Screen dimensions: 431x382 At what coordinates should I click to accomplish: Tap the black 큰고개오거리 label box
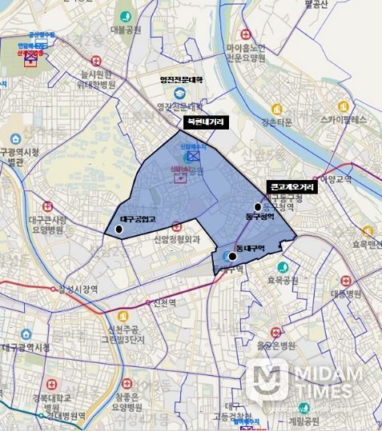click(293, 186)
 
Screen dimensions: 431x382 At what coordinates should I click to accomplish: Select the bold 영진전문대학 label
click(182, 80)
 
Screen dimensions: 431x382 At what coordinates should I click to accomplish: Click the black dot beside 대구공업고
click(119, 229)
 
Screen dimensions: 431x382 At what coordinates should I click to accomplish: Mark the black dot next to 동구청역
click(258, 206)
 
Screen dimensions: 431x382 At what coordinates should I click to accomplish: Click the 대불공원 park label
click(126, 30)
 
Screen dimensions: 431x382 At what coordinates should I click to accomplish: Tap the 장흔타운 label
click(279, 123)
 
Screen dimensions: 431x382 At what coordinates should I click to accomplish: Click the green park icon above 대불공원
click(126, 16)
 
